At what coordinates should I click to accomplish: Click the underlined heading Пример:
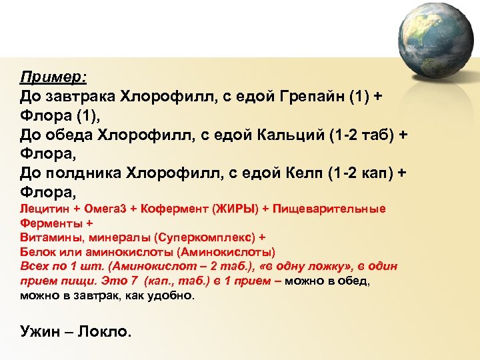(53, 76)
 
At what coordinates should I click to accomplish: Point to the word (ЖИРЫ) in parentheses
(235, 209)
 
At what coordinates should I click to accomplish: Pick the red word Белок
(37, 252)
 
